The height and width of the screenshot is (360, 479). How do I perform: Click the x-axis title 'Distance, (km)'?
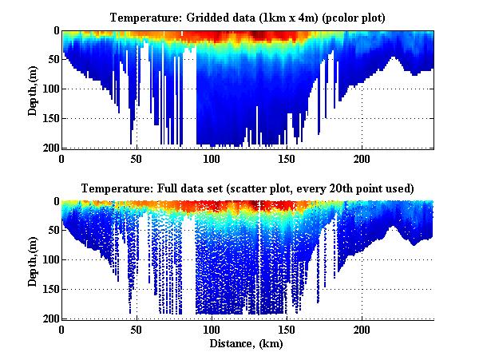[248, 344]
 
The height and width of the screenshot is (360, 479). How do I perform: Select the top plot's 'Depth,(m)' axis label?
[33, 90]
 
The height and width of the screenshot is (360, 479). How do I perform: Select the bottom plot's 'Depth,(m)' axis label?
[33, 260]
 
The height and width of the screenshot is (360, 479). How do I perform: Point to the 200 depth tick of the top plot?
[49, 148]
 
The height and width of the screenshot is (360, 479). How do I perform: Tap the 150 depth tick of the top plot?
[49, 118]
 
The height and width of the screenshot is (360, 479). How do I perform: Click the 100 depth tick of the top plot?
[49, 89]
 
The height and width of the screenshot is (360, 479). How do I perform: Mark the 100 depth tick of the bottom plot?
[49, 259]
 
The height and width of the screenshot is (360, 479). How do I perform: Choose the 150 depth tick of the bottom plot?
[49, 289]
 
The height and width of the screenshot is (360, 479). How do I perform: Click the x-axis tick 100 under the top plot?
[212, 159]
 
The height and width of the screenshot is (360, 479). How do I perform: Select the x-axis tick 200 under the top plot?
[361, 159]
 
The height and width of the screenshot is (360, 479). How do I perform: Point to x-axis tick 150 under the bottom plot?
[286, 330]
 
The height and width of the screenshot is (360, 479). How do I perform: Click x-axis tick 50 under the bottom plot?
[137, 330]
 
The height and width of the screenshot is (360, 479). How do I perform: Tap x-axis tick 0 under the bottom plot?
[62, 330]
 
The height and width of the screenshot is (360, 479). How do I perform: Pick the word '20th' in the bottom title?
[348, 188]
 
